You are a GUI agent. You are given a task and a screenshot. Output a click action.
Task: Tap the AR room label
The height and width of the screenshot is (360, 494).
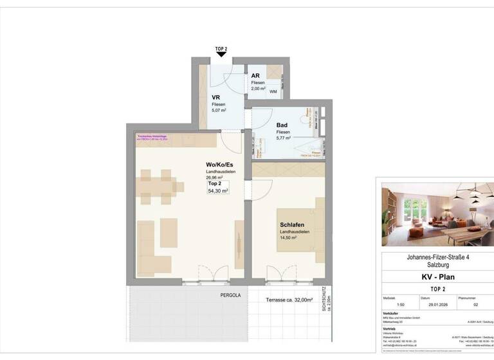(x=255, y=76)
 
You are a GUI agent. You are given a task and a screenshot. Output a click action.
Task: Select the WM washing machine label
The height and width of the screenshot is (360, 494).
(x=273, y=92)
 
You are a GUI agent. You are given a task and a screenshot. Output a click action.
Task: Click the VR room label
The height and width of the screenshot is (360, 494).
(x=217, y=98)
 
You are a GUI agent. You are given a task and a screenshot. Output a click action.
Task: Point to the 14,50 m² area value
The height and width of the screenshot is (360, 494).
(x=288, y=237)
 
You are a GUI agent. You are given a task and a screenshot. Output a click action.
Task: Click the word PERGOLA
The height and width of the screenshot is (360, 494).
(x=230, y=295)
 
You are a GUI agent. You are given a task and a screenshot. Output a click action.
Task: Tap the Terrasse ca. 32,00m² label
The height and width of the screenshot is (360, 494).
(x=289, y=300)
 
